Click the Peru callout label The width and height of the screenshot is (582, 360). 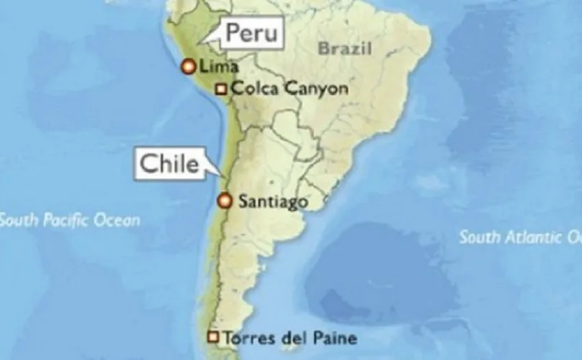tap(250, 33)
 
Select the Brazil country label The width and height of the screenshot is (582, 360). tap(346, 49)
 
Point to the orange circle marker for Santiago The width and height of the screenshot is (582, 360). tap(225, 201)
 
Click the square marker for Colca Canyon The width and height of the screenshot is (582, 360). tap(221, 89)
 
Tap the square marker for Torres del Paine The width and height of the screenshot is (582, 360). tap(212, 336)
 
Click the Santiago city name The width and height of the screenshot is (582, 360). tap(273, 202)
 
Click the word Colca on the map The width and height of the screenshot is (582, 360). tap(254, 89)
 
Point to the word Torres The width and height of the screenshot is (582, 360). tap(246, 337)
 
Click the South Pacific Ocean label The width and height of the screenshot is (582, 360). tap(70, 220)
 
